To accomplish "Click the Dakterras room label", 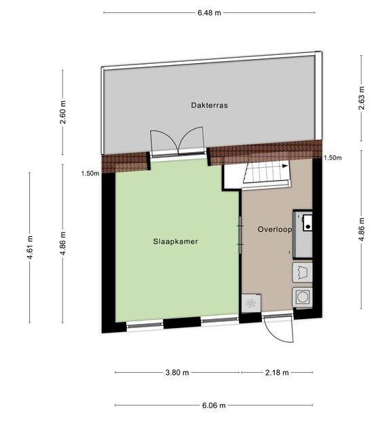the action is pos(209,105).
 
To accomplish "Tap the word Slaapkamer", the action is pos(176,241).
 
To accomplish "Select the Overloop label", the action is pos(274,230).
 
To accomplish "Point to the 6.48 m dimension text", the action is pos(209,13).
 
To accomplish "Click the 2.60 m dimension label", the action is pos(63,112).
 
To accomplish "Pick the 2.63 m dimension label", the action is pos(362,98).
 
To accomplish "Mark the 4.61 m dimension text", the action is pos(30,248).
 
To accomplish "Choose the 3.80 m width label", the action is pos(177,372).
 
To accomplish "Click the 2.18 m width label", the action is pos(277,372).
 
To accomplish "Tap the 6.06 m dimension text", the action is pos(214,405).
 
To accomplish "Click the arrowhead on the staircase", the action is pos(284,166).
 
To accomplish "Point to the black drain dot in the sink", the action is pos(308,227).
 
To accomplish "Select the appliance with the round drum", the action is pos(303,297).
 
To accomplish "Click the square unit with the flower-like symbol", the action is pos(251,304).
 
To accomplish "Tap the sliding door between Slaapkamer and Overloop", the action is pos(240,235).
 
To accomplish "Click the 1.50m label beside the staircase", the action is pos(333,158).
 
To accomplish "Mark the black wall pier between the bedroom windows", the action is pos(182,323).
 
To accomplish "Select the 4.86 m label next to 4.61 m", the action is pos(63,243).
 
